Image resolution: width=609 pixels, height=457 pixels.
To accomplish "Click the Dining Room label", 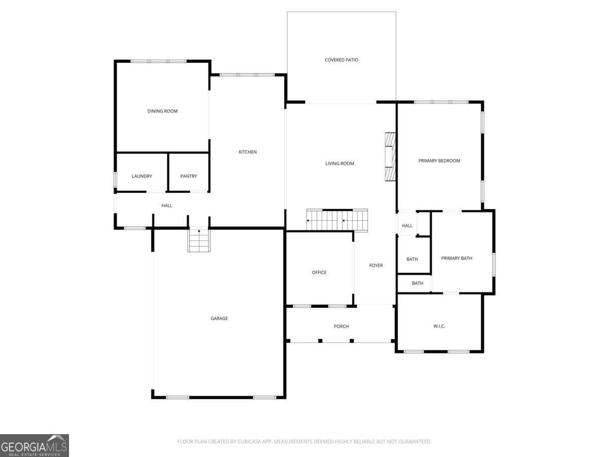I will tap(162, 111).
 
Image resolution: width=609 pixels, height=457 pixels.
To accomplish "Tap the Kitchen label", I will tap(248, 152).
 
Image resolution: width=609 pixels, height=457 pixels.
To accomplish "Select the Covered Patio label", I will tap(342, 60).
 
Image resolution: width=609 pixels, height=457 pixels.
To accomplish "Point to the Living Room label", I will tap(340, 164).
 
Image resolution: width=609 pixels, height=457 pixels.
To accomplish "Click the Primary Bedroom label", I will tap(439, 161).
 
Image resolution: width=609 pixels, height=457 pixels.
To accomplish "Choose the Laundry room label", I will tap(142, 176).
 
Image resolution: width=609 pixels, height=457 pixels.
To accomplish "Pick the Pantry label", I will tap(189, 176).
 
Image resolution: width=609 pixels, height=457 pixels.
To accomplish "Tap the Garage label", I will tap(219, 318).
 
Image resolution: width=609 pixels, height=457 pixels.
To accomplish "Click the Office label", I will tap(319, 273).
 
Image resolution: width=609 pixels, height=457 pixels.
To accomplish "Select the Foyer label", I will tap(376, 266).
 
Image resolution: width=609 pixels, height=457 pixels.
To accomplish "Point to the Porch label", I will tap(341, 327).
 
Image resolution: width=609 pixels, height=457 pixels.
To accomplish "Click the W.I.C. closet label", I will tap(439, 326).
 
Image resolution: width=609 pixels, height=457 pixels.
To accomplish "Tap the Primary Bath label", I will tap(456, 258).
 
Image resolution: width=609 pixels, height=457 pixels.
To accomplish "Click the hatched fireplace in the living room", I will tap(390, 156).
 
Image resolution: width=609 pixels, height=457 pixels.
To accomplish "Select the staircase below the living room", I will tap(337, 220).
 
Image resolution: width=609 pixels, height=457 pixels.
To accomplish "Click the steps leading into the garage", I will tap(199, 241).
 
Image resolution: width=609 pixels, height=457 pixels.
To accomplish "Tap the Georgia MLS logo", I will tap(34, 445).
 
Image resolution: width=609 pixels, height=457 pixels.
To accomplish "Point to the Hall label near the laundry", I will tap(167, 206).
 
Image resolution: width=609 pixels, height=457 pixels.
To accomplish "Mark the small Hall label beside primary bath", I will tap(407, 226).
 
